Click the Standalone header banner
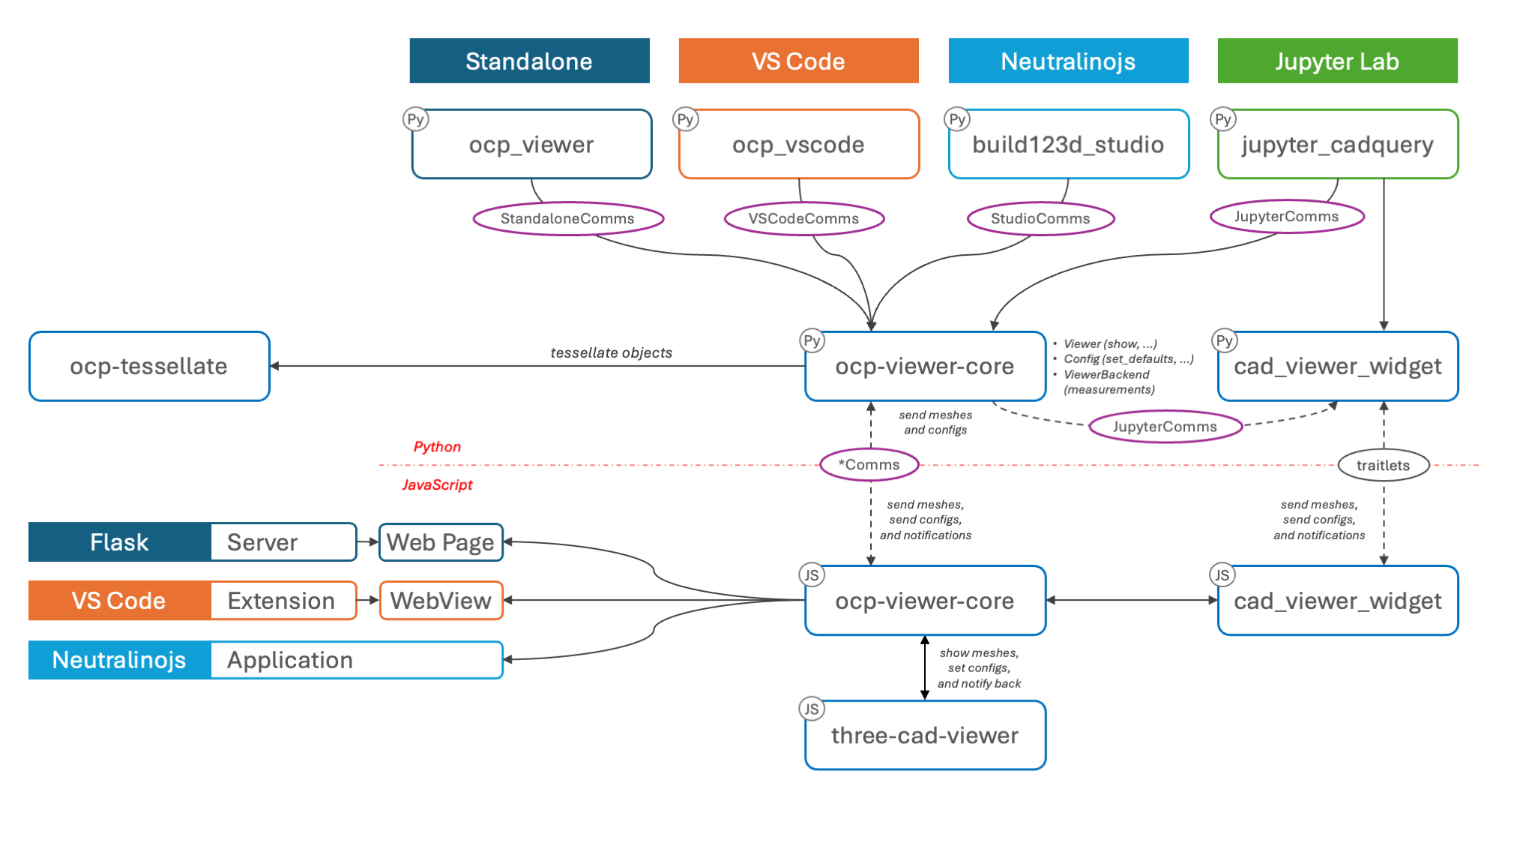click(x=529, y=61)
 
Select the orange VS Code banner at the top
click(x=798, y=61)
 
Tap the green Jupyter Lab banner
click(x=1337, y=61)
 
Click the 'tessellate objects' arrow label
click(x=612, y=352)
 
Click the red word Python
click(x=437, y=447)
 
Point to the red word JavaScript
click(x=437, y=484)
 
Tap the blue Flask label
click(x=120, y=542)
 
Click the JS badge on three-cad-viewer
click(x=812, y=709)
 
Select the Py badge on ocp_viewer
click(x=415, y=119)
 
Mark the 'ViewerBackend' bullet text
click(x=1106, y=374)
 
